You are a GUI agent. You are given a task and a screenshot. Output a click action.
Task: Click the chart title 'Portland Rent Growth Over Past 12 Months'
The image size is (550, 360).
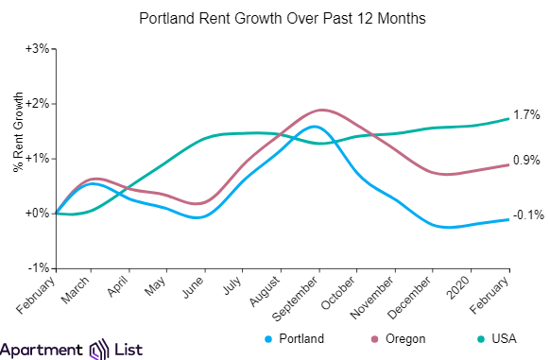[275, 19]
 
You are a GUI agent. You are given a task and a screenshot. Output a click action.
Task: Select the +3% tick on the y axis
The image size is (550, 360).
[36, 48]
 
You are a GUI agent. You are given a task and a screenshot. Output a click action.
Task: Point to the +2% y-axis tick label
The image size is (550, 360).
[36, 103]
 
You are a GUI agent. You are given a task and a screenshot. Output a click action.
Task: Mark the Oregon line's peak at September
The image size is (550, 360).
[321, 110]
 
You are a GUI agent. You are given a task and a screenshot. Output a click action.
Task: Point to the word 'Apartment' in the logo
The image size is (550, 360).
[43, 349]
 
